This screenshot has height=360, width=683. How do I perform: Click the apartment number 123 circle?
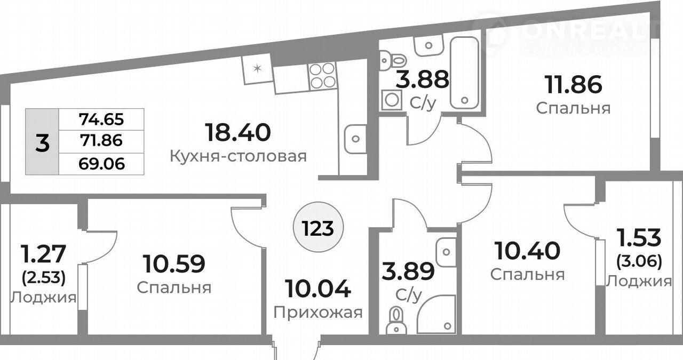(318, 227)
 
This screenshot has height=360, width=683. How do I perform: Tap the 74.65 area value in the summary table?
(101, 119)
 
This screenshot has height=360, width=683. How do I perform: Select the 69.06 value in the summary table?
(101, 164)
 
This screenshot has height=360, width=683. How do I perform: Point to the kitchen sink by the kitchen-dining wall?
(355, 139)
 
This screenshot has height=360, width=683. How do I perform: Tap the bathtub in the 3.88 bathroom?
(464, 73)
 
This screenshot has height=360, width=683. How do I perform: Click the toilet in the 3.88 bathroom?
(393, 60)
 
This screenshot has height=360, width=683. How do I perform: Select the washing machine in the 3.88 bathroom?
(391, 100)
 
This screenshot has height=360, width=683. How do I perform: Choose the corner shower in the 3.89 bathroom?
(436, 314)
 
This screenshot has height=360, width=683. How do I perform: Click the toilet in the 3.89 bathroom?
(396, 321)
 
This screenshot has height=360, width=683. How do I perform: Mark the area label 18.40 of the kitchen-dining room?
(238, 132)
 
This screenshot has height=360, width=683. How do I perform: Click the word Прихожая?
(318, 313)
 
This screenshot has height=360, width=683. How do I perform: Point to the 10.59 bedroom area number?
(174, 264)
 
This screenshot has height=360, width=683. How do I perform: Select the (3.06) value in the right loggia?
(639, 262)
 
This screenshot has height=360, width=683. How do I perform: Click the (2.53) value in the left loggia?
(44, 278)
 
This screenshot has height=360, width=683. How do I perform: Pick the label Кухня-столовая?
(238, 157)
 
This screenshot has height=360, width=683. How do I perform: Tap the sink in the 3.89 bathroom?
(446, 252)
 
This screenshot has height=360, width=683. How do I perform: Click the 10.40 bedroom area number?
(528, 251)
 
